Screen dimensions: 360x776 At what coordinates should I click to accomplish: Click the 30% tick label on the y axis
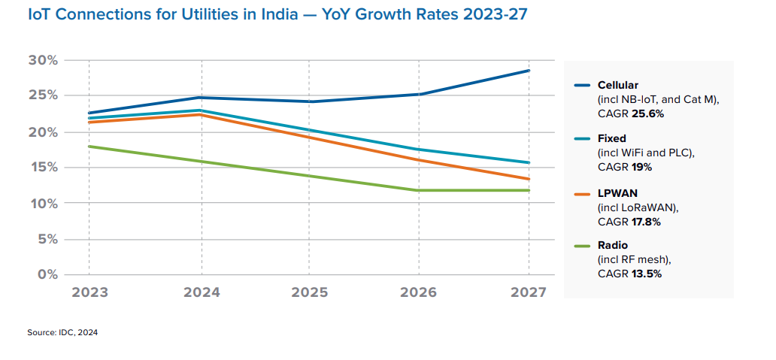coord(43,60)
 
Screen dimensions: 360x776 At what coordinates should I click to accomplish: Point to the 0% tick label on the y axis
coord(47,274)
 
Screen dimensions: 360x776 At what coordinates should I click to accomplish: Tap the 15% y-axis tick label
coord(43,168)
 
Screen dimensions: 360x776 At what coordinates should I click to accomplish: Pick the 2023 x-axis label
coord(89,292)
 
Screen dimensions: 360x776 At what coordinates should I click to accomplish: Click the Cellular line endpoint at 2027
coord(529,71)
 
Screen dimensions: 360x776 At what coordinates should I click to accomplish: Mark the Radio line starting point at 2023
coord(89,147)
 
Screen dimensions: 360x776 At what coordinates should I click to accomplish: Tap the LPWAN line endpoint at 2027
coord(529,179)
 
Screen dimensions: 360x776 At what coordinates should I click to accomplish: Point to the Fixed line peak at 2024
coord(201,110)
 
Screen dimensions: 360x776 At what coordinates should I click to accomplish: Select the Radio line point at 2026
coord(419,190)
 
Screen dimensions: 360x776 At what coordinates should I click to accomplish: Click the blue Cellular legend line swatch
coord(582,86)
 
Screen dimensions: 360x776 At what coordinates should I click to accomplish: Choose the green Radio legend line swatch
coord(582,246)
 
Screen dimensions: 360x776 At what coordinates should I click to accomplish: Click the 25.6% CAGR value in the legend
coord(647,114)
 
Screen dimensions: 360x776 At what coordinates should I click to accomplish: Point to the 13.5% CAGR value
coord(647,274)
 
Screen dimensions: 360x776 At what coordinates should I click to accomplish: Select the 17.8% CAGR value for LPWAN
coord(647,221)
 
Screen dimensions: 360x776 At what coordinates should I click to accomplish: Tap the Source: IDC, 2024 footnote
coord(62,332)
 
